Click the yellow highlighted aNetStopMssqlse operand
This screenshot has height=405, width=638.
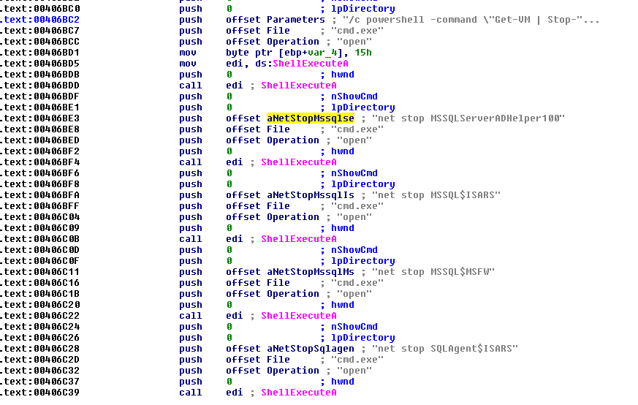coord(311,118)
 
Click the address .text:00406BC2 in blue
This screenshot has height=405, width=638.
coord(42,20)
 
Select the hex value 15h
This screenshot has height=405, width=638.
coord(363,53)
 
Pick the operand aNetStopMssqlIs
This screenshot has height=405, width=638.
coord(311,195)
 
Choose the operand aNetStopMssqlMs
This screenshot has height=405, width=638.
coord(311,272)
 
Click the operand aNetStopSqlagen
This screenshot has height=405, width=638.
coord(311,349)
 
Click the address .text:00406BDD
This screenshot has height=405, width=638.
coord(42,86)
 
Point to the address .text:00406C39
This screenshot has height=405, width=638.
coord(42,393)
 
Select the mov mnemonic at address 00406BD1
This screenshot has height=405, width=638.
coord(187,53)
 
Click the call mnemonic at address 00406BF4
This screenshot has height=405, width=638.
coord(190,162)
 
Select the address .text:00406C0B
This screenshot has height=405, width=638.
coord(42,239)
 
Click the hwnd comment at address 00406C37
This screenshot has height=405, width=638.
coord(342,382)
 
